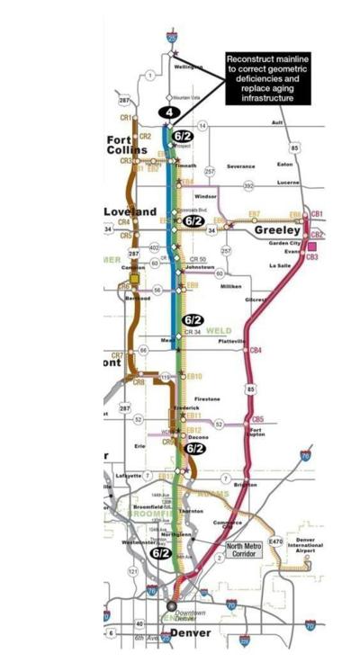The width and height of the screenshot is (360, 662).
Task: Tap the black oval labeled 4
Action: click(167, 112)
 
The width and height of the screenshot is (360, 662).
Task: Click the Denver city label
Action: click(192, 632)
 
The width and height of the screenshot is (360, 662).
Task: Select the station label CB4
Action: click(256, 350)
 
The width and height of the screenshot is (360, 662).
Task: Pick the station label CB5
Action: click(257, 418)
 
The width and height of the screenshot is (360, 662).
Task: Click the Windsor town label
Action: click(205, 196)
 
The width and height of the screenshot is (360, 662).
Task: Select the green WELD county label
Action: click(219, 330)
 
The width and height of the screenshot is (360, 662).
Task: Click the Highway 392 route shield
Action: click(248, 185)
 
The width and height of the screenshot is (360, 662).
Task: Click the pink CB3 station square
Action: click(312, 257)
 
